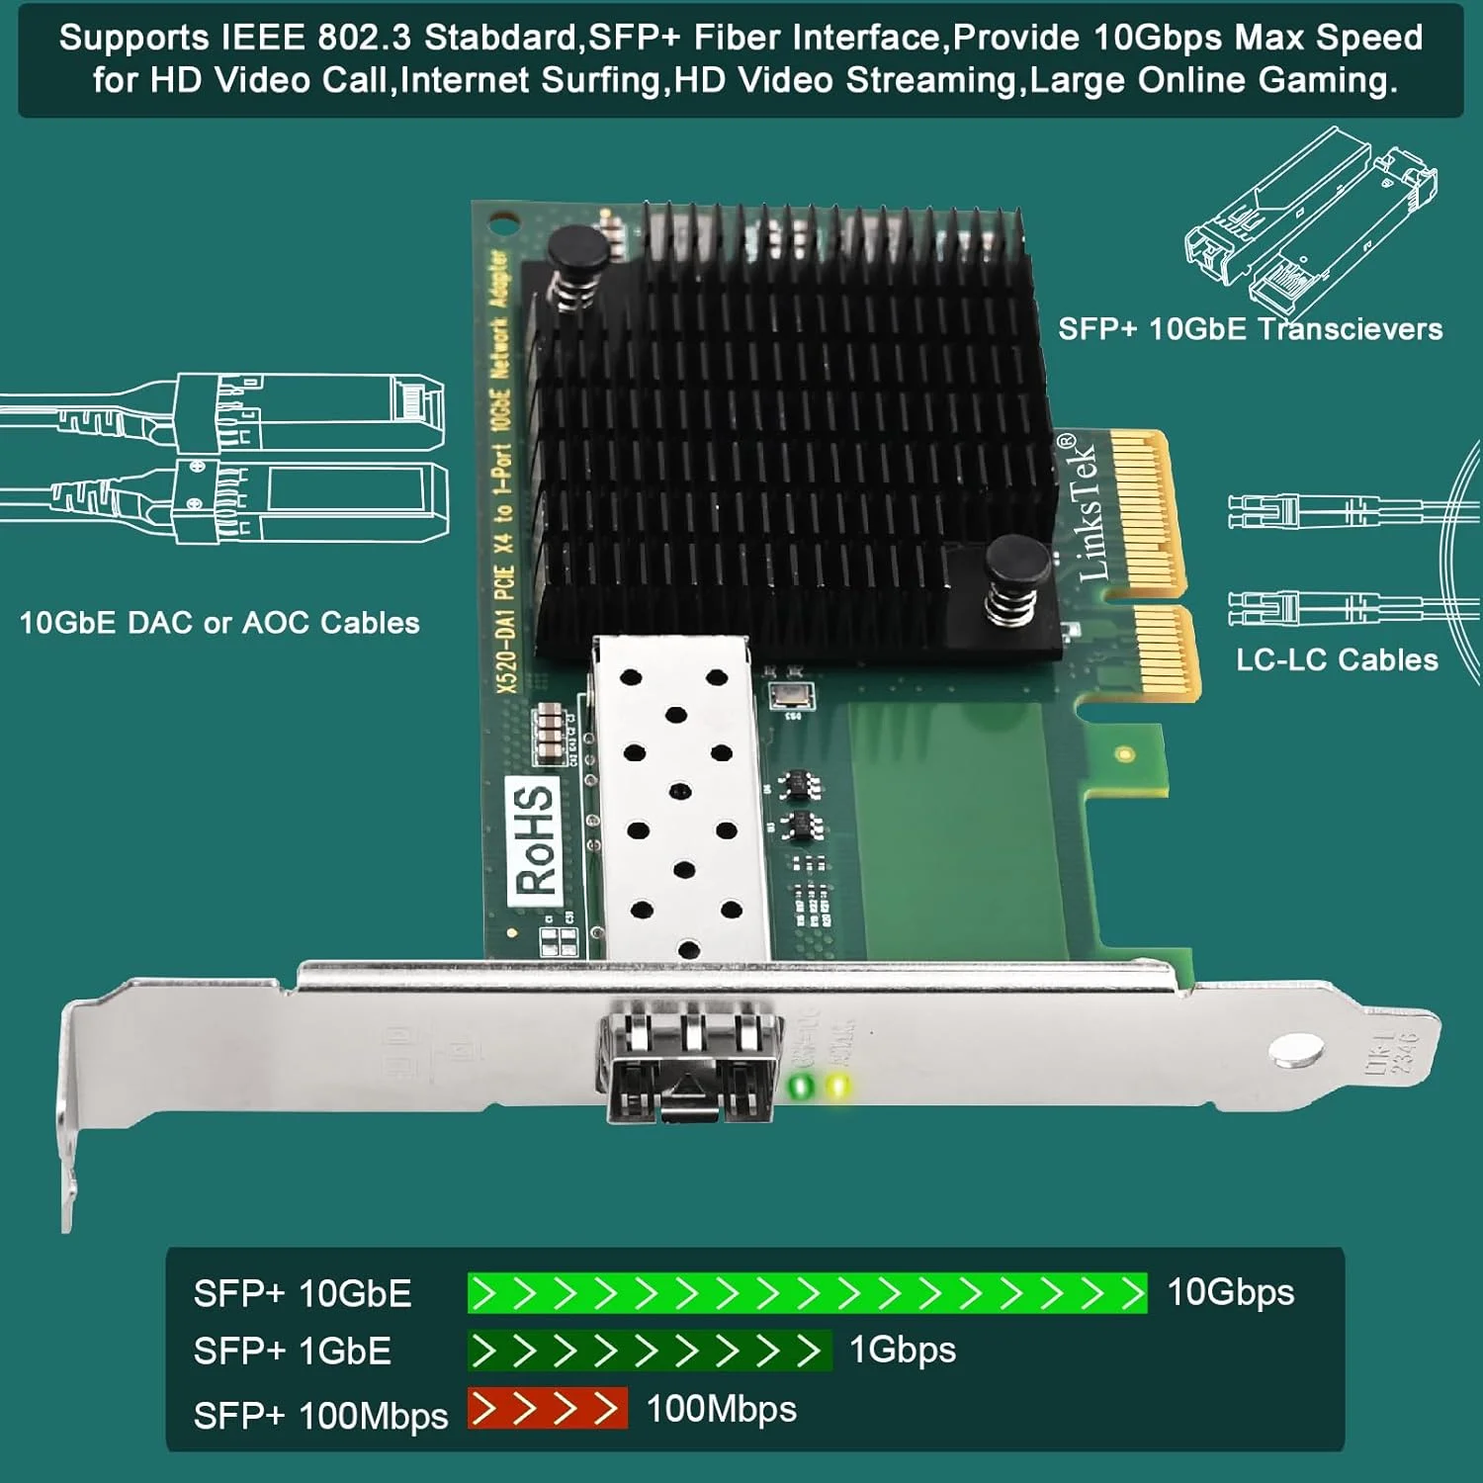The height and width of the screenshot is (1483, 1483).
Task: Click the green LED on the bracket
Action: click(801, 1088)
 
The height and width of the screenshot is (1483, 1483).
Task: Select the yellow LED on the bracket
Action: click(838, 1087)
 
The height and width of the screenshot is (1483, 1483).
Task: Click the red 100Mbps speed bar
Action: click(547, 1409)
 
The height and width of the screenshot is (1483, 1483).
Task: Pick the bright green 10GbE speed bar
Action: click(807, 1293)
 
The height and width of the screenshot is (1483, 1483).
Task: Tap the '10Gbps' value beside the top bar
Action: click(1231, 1292)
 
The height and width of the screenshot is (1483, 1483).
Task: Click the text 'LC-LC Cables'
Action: click(1337, 659)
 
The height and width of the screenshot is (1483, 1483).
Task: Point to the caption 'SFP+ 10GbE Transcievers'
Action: click(1250, 329)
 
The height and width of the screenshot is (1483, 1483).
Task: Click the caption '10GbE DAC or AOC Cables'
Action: click(219, 623)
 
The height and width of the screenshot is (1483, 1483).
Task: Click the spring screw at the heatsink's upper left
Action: click(577, 262)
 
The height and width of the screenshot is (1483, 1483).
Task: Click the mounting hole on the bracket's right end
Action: click(1296, 1050)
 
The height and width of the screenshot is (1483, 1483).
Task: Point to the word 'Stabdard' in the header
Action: click(500, 38)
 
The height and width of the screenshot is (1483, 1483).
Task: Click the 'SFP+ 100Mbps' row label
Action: click(320, 1416)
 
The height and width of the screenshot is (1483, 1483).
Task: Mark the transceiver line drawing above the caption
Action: click(1311, 222)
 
